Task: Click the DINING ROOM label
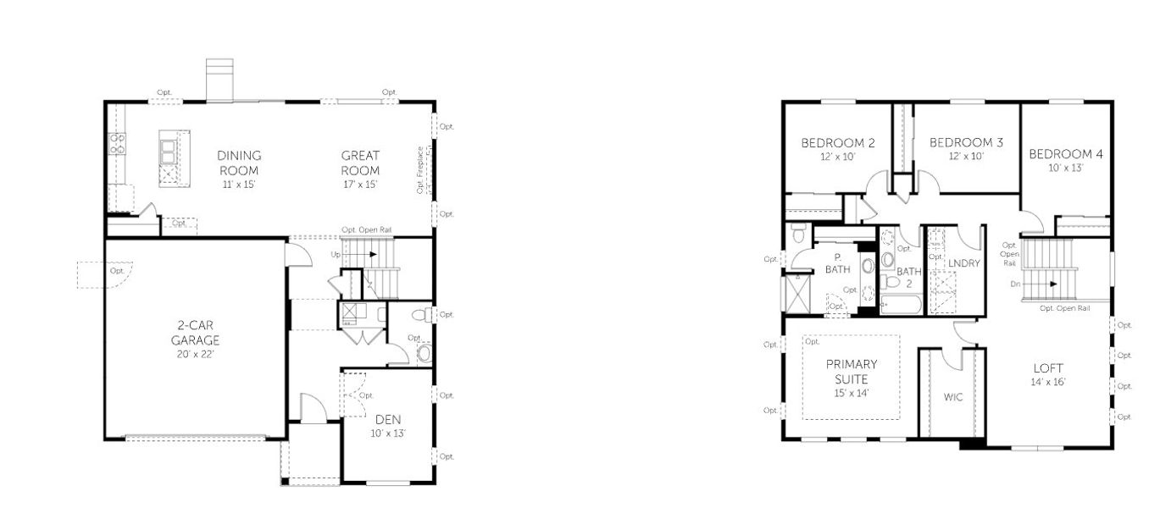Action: coord(239,163)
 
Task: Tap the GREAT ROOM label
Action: coord(360,163)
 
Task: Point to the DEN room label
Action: coord(389,419)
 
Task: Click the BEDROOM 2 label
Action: coord(838,143)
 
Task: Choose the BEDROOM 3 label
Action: coord(966,143)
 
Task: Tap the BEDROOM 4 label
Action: coord(1066,154)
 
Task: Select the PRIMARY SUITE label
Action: coord(852,372)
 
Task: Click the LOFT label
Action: coord(1048,368)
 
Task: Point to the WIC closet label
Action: coord(954,396)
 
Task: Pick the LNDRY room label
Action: coord(964,263)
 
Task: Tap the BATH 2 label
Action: coord(909,278)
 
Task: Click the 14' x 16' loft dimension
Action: coord(1048,382)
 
